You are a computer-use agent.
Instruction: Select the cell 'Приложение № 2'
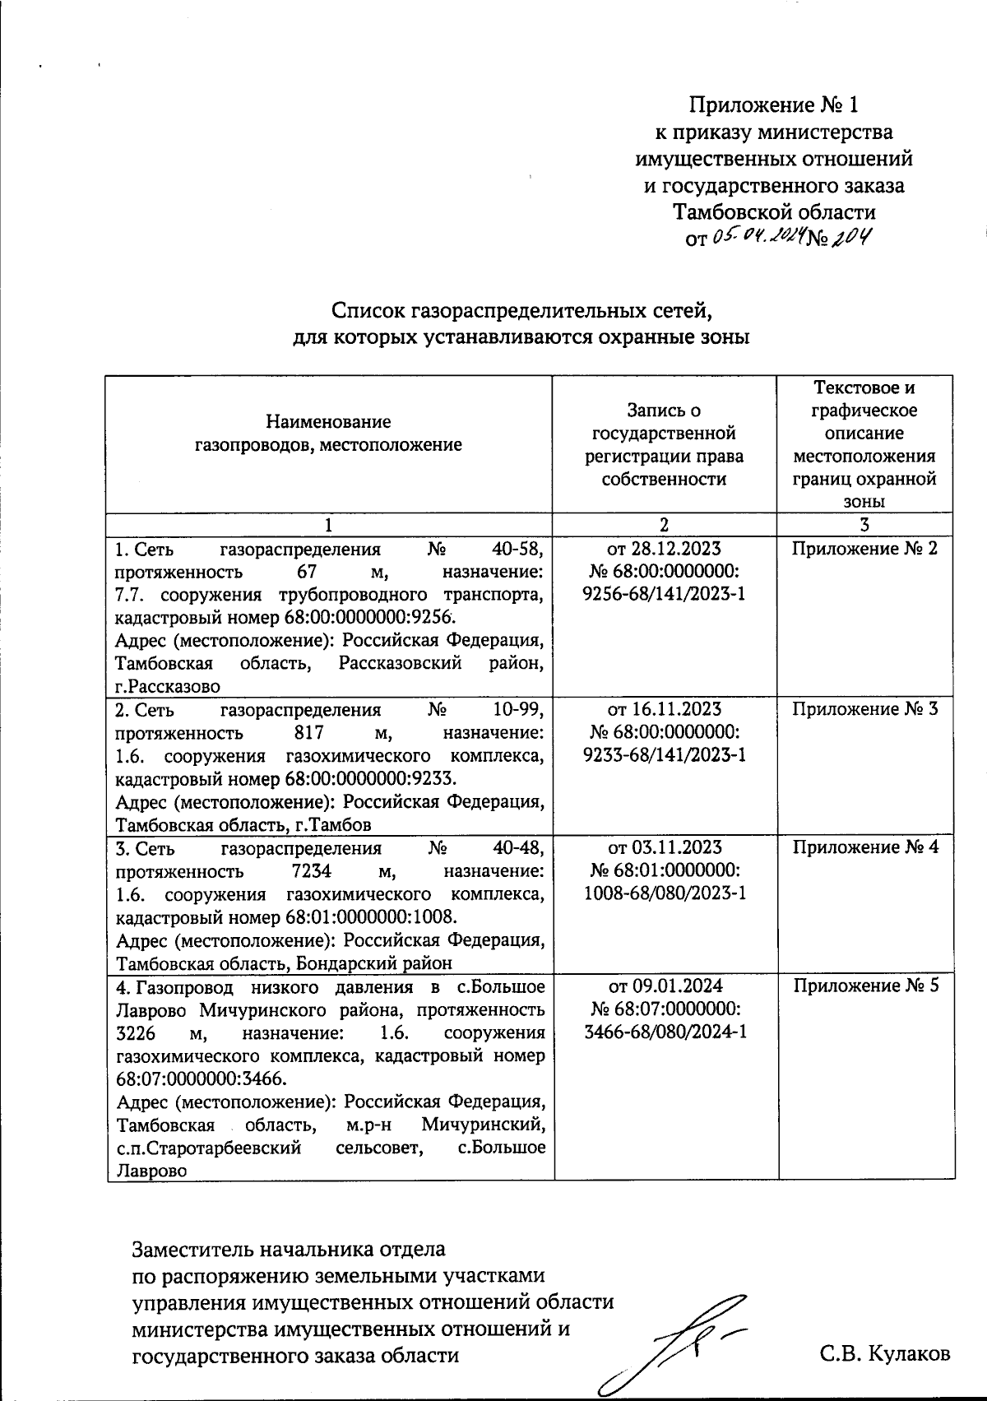[x=864, y=549]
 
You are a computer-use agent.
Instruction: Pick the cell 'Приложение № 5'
[x=864, y=986]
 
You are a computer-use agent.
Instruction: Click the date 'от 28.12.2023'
[x=665, y=549]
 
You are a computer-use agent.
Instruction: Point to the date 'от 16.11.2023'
[x=665, y=709]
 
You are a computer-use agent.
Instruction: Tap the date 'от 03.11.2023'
[x=665, y=847]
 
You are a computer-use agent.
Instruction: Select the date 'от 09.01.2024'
[x=665, y=986]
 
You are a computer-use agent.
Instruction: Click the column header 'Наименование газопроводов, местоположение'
[x=329, y=434]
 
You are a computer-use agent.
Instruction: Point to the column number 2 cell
[x=664, y=524]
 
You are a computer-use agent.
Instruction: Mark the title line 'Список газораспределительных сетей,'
[x=521, y=311]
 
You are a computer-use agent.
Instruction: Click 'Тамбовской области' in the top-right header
[x=774, y=212]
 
